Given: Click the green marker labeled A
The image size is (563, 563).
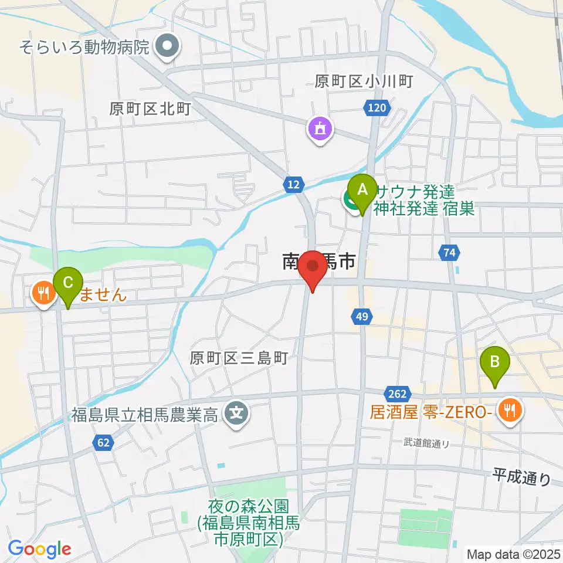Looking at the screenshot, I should (x=362, y=191).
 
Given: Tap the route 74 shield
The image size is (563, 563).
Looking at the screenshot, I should (x=449, y=253).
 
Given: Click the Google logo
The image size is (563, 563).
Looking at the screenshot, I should (x=39, y=549).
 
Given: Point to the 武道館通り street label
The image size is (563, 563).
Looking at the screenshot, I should (x=427, y=443).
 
